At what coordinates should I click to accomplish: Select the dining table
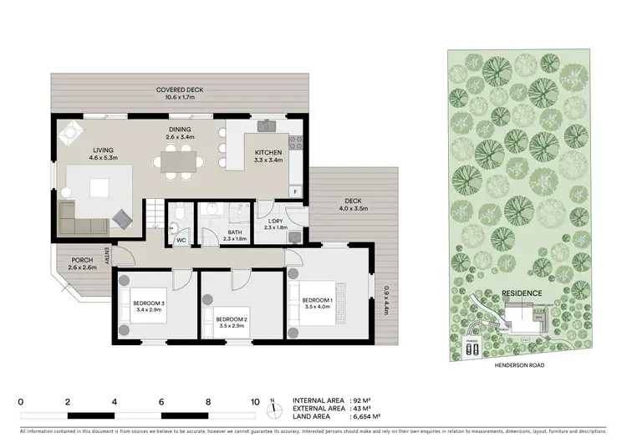(x=179, y=157)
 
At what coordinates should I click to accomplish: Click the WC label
(x=181, y=241)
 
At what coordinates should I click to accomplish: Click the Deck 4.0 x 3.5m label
(x=352, y=203)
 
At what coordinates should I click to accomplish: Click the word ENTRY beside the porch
(x=107, y=254)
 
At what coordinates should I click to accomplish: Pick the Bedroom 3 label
(x=149, y=307)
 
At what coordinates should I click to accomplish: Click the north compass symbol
(x=273, y=410)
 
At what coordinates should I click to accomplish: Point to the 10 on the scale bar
(x=255, y=400)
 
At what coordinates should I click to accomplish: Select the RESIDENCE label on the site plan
(x=522, y=293)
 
